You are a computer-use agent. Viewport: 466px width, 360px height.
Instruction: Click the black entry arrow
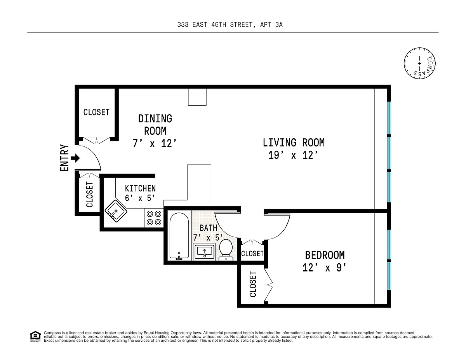[75, 158]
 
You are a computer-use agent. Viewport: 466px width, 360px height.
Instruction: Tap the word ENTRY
[64, 158]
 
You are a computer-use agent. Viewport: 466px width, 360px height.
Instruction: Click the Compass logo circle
[420, 63]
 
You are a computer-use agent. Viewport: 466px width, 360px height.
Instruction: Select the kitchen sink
[116, 211]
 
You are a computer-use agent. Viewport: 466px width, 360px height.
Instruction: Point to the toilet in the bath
[226, 250]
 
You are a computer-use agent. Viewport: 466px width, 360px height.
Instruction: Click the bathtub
[179, 236]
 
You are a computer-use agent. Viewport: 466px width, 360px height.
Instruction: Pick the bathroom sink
[204, 252]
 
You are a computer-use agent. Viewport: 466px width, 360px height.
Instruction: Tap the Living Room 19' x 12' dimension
[293, 155]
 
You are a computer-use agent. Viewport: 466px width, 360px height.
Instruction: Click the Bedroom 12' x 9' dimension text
[324, 268]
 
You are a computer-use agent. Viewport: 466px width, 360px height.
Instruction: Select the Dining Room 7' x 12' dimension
[155, 143]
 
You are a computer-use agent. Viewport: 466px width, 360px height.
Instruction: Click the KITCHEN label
[140, 188]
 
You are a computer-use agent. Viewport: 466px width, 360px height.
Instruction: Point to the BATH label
[209, 228]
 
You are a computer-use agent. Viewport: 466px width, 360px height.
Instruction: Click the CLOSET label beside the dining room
[96, 112]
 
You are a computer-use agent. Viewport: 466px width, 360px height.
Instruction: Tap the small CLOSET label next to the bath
[252, 254]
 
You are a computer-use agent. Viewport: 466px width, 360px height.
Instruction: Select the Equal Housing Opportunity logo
[35, 336]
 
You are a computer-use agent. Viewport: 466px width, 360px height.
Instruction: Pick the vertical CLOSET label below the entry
[90, 195]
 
